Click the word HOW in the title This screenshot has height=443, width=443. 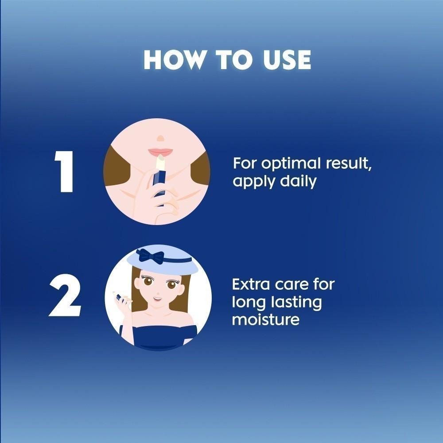click(x=174, y=60)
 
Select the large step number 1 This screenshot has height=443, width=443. click(x=64, y=171)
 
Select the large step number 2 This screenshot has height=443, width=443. click(x=65, y=295)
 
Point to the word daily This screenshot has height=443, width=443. click(x=298, y=182)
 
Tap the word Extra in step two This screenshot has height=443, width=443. click(x=251, y=284)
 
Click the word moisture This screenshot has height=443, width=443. click(x=265, y=319)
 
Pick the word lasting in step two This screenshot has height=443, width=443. click(x=296, y=303)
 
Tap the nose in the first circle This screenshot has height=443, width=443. click(x=160, y=138)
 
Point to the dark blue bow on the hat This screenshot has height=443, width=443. click(x=150, y=256)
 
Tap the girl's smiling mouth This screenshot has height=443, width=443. click(x=157, y=298)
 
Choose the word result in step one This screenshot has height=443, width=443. click(x=349, y=163)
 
